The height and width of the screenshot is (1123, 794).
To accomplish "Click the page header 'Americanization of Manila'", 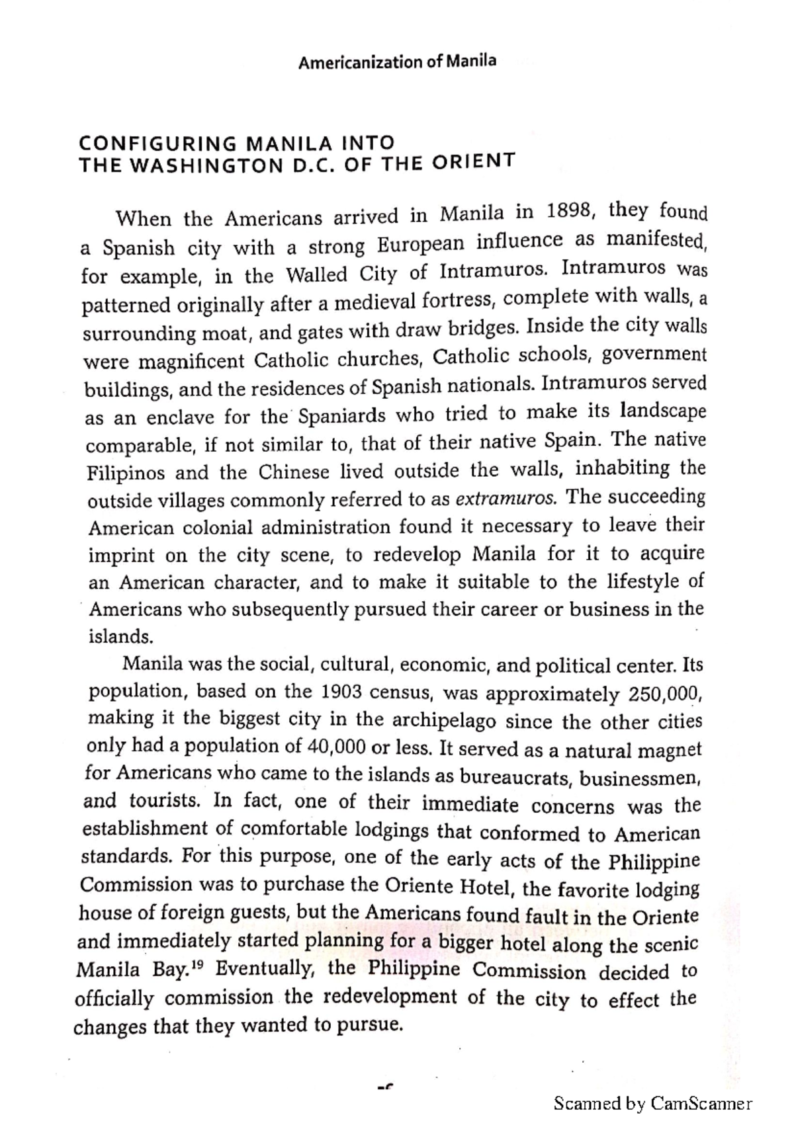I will pyautogui.click(x=397, y=62).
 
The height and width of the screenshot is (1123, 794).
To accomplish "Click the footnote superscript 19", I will pyautogui.click(x=198, y=966).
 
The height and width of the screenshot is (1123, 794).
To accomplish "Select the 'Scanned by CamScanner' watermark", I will pyautogui.click(x=652, y=1103).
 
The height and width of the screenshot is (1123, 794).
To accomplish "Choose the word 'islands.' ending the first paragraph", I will pyautogui.click(x=121, y=637).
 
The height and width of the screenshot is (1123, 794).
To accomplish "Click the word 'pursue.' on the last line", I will pyautogui.click(x=370, y=1026).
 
